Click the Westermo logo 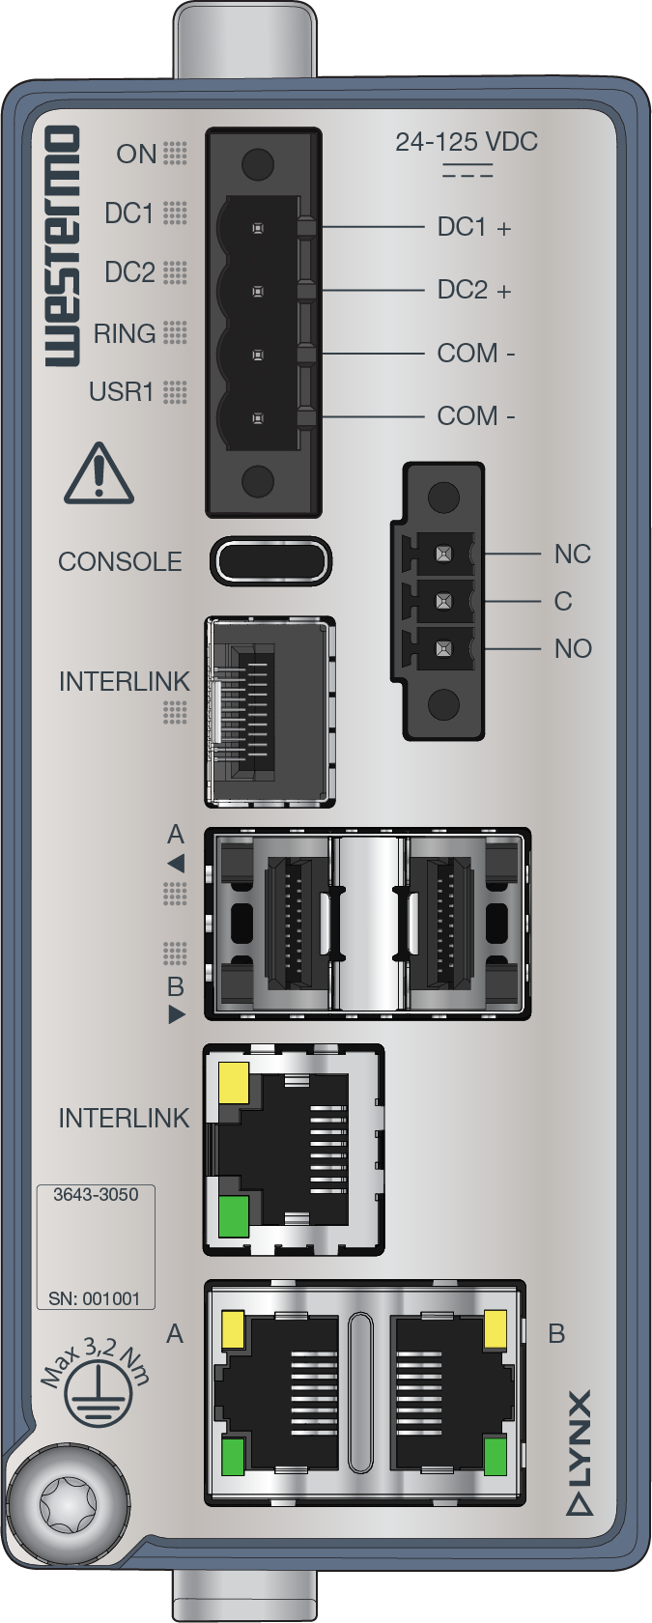tap(62, 246)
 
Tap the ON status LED tap(175, 154)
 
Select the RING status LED tap(175, 333)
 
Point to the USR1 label tap(122, 392)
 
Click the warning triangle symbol tap(99, 474)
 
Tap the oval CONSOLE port tap(271, 561)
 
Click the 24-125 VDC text tap(466, 142)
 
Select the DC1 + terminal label tap(473, 228)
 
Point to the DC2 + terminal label tap(473, 290)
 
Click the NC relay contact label tap(572, 555)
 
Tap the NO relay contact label tap(573, 648)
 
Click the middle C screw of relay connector tap(443, 601)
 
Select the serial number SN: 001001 tap(95, 1298)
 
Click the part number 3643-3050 tap(96, 1195)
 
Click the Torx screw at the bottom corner tap(69, 1504)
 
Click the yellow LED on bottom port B tap(495, 1329)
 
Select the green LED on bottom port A tap(234, 1457)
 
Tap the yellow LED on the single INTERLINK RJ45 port tap(235, 1083)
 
